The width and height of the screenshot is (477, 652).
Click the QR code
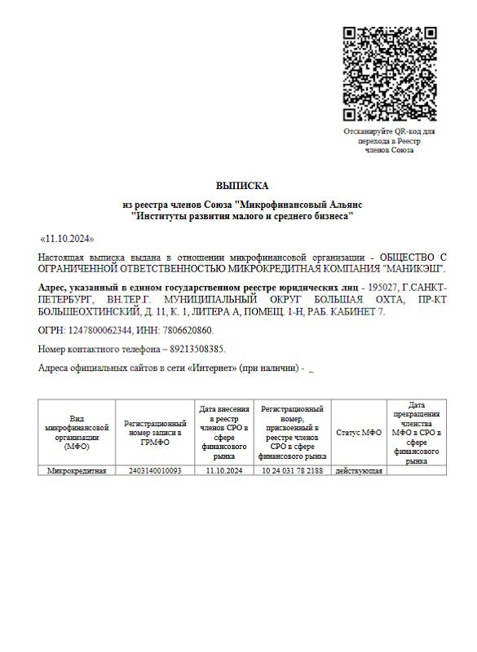click(388, 73)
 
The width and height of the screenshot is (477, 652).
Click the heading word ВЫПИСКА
click(241, 186)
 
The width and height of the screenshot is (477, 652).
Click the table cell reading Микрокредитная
click(77, 471)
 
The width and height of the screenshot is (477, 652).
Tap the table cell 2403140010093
click(155, 471)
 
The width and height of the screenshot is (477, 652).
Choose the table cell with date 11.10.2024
click(224, 471)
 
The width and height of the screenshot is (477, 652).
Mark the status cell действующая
click(359, 471)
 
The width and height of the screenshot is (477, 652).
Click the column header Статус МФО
click(359, 433)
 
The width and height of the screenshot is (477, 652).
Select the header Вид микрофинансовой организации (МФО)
click(77, 433)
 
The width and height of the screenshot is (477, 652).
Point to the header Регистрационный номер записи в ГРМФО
click(155, 433)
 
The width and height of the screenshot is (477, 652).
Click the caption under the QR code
click(388, 140)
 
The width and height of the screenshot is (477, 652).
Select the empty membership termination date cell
click(417, 471)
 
